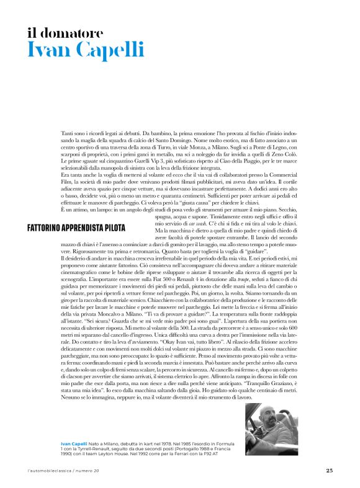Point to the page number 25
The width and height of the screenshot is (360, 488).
(329, 470)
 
